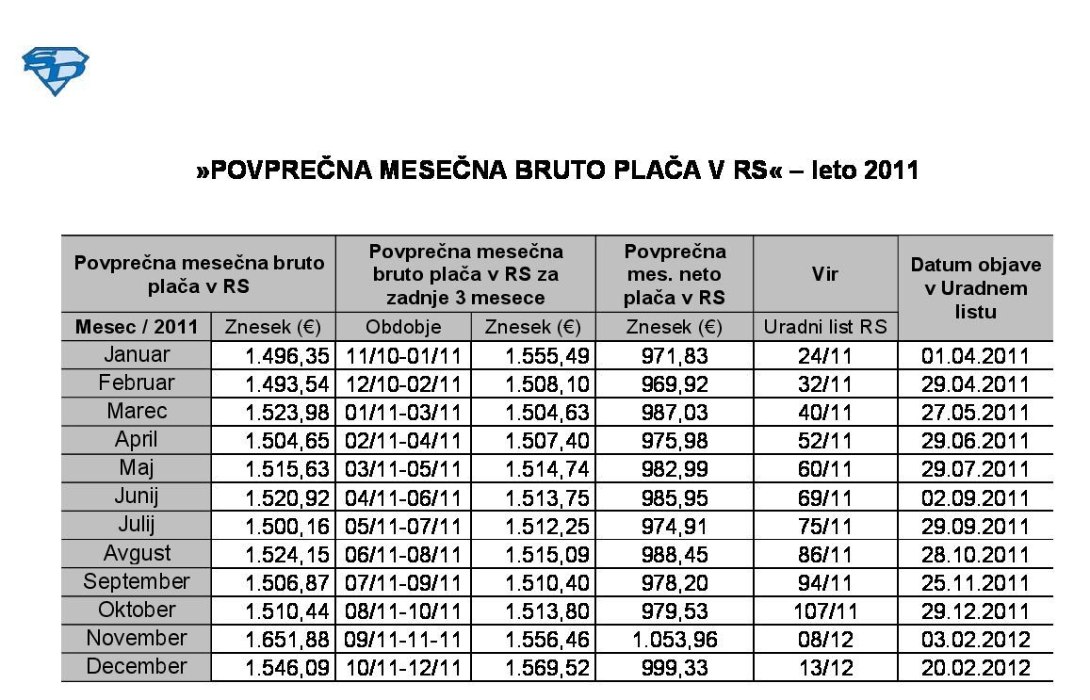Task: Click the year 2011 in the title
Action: [x=890, y=171]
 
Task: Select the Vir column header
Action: [x=825, y=274]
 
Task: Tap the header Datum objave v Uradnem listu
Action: [x=975, y=287]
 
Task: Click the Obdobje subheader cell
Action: [x=402, y=327]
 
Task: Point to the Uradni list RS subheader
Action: [x=825, y=327]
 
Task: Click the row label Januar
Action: [x=137, y=355]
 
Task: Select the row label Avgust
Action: [x=137, y=553]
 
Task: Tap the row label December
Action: [x=137, y=667]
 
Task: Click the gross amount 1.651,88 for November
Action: [x=286, y=640]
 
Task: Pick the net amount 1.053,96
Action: [x=675, y=640]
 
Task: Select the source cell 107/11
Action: [x=825, y=611]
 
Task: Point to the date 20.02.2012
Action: [x=975, y=668]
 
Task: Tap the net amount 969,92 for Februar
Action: [x=675, y=384]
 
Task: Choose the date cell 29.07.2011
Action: [x=975, y=469]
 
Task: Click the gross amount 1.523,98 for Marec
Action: [x=286, y=413]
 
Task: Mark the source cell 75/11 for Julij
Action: [x=825, y=526]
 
